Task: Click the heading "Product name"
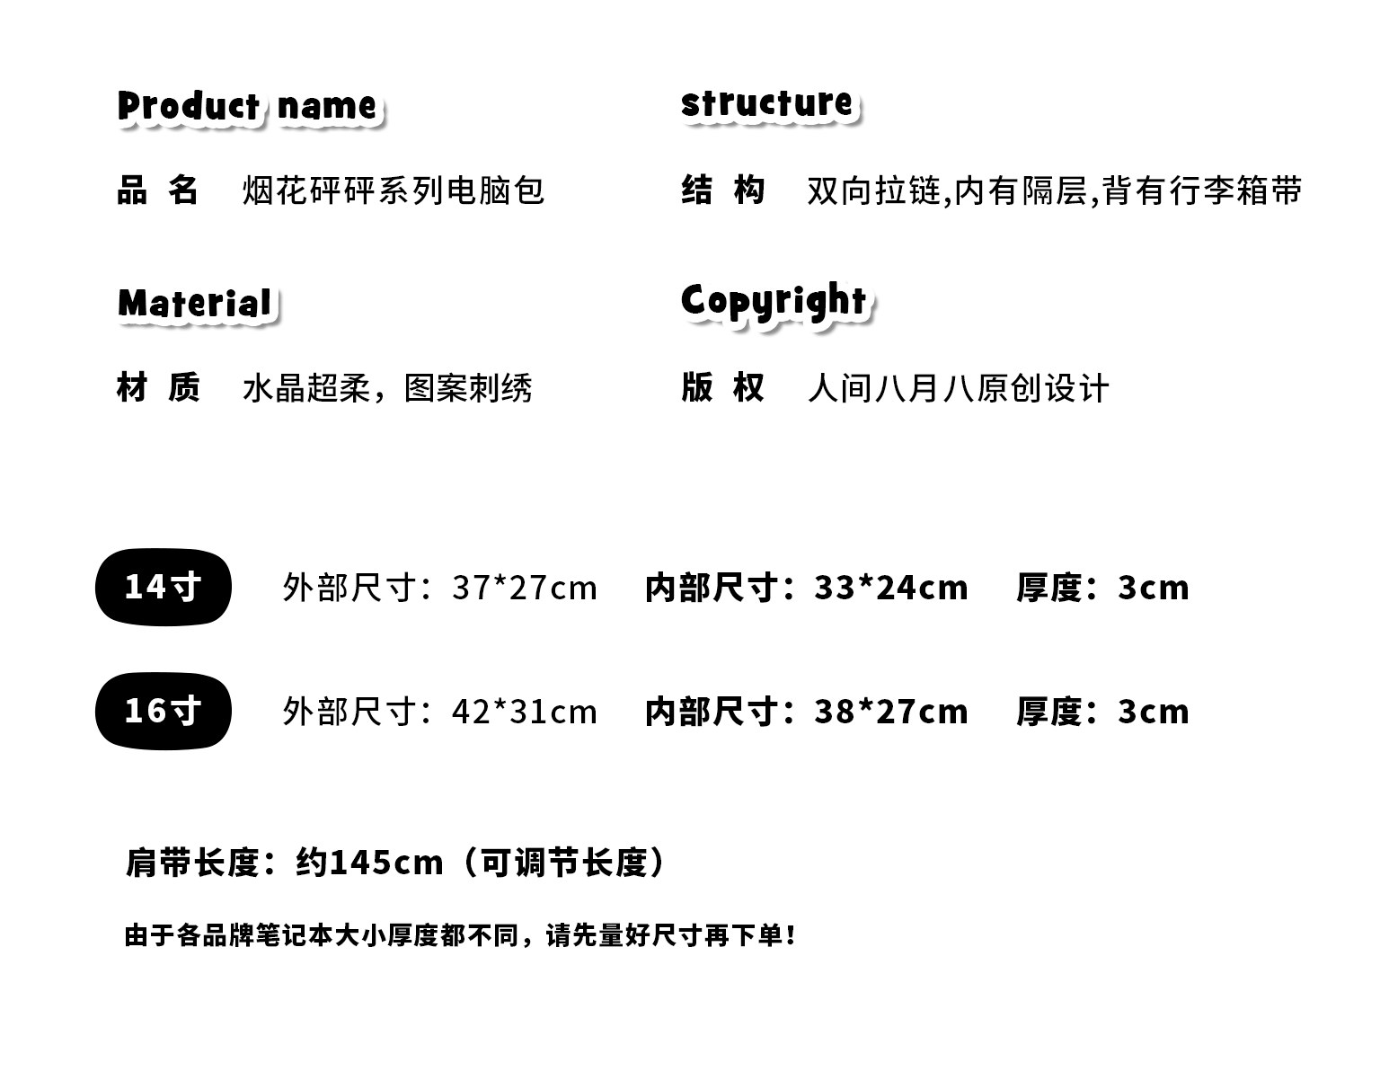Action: pyautogui.click(x=249, y=106)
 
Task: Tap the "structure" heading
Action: pyautogui.click(x=766, y=102)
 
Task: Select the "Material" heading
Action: pyautogui.click(x=195, y=303)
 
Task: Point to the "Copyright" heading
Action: pyautogui.click(x=774, y=301)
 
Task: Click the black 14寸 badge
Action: pyautogui.click(x=163, y=587)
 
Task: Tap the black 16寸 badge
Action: pyautogui.click(x=163, y=711)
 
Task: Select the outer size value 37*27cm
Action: pyautogui.click(x=525, y=588)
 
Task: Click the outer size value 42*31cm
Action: pyautogui.click(x=525, y=712)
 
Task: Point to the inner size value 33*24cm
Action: pyautogui.click(x=891, y=588)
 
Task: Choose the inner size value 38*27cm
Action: pyautogui.click(x=891, y=712)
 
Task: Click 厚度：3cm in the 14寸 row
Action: pyautogui.click(x=1102, y=588)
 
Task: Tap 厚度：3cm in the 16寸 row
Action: pyautogui.click(x=1102, y=712)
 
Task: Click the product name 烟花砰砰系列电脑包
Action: pyautogui.click(x=394, y=190)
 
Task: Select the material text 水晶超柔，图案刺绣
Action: pyautogui.click(x=387, y=388)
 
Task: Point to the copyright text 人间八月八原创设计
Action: pyautogui.click(x=958, y=388)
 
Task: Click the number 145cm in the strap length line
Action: pyautogui.click(x=386, y=863)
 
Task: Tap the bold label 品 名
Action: pyautogui.click(x=157, y=190)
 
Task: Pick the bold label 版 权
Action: pyautogui.click(x=722, y=387)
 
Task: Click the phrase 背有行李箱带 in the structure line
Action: pyautogui.click(x=1202, y=190)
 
